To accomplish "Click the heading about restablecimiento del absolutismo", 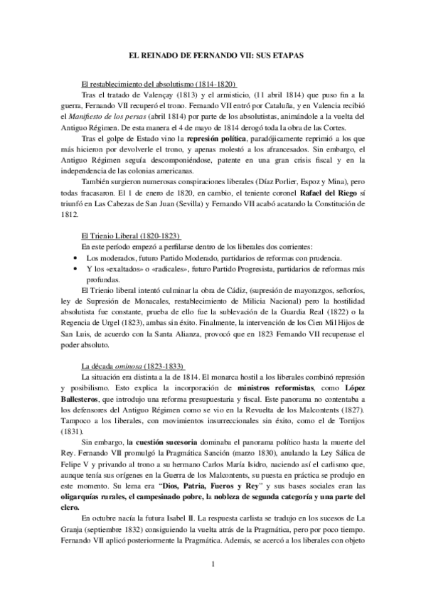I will tap(160, 84).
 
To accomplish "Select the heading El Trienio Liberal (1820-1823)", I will tap(132, 235).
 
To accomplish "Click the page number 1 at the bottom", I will tap(213, 565).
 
